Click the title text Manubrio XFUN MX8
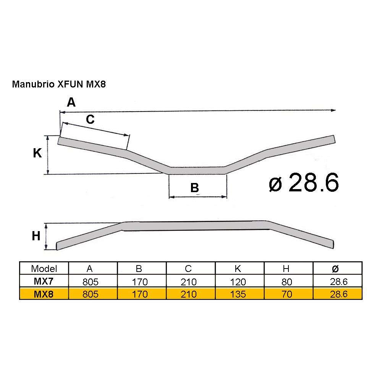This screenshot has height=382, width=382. (58, 84)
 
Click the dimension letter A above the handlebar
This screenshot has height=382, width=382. (71, 102)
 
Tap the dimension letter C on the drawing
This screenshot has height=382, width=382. (90, 120)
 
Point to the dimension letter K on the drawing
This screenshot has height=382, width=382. (37, 154)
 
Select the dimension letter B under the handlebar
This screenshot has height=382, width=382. (194, 188)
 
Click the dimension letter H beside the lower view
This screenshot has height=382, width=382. (36, 236)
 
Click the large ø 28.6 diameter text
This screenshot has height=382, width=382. (304, 183)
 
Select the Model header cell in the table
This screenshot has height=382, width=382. (44, 269)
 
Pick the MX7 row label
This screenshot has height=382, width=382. (44, 282)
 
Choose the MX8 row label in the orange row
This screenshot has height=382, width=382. (44, 294)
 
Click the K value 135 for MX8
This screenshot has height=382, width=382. (238, 294)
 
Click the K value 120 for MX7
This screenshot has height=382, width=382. (238, 282)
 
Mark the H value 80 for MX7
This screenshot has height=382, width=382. (286, 282)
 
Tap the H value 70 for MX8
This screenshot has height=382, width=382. (286, 294)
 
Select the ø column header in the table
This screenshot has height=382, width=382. (335, 269)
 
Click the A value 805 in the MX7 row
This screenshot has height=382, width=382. (91, 282)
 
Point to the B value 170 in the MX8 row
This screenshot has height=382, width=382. (140, 294)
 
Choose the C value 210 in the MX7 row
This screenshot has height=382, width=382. (189, 282)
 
